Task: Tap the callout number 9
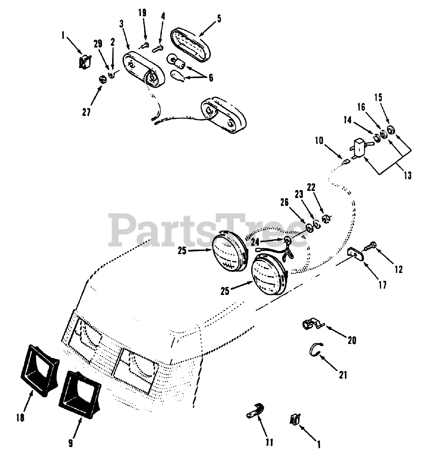(x=70, y=443)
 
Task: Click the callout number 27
(x=85, y=112)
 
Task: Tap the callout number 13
(x=407, y=175)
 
